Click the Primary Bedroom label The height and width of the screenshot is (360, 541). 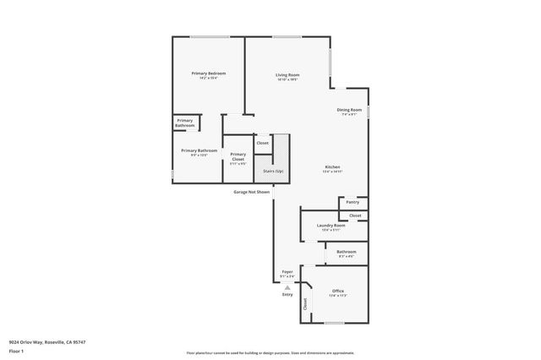[x=208, y=74]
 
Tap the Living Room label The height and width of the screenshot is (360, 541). [x=287, y=74]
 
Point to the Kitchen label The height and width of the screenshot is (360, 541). [x=332, y=167]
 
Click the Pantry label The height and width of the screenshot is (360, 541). [x=352, y=202]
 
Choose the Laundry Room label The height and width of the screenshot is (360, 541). [x=331, y=225]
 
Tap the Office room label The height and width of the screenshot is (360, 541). [x=337, y=291]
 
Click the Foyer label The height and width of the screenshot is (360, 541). [x=287, y=272]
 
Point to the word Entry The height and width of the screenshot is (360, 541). [x=287, y=294]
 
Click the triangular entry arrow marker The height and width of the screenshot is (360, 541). [x=287, y=287]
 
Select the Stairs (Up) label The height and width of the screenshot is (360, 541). [x=274, y=171]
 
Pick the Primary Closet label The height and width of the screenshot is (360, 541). [x=238, y=155]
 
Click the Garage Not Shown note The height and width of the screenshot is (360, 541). [x=252, y=192]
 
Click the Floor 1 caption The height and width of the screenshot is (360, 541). [x=16, y=350]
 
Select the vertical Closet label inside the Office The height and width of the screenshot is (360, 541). [x=305, y=306]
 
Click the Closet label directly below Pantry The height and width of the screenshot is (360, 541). [x=355, y=215]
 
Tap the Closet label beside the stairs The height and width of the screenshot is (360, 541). [x=263, y=143]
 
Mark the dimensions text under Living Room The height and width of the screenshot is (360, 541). [x=287, y=79]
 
